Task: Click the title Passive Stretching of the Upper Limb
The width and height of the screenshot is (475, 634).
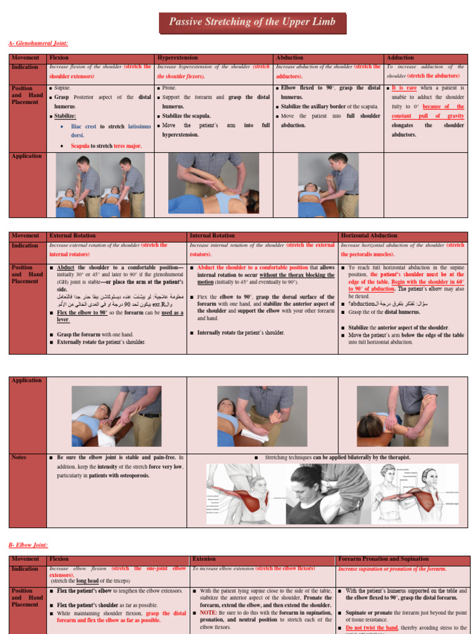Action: [x=252, y=22]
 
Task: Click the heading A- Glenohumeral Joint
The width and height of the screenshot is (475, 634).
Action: [x=38, y=43]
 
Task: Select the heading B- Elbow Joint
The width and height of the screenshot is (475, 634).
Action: [x=28, y=545]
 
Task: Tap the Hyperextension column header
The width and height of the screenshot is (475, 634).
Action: [x=179, y=58]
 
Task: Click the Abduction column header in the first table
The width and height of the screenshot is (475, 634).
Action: [x=289, y=58]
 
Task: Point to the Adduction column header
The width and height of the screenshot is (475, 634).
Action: [x=400, y=58]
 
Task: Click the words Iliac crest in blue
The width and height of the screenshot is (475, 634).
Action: [x=85, y=126]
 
